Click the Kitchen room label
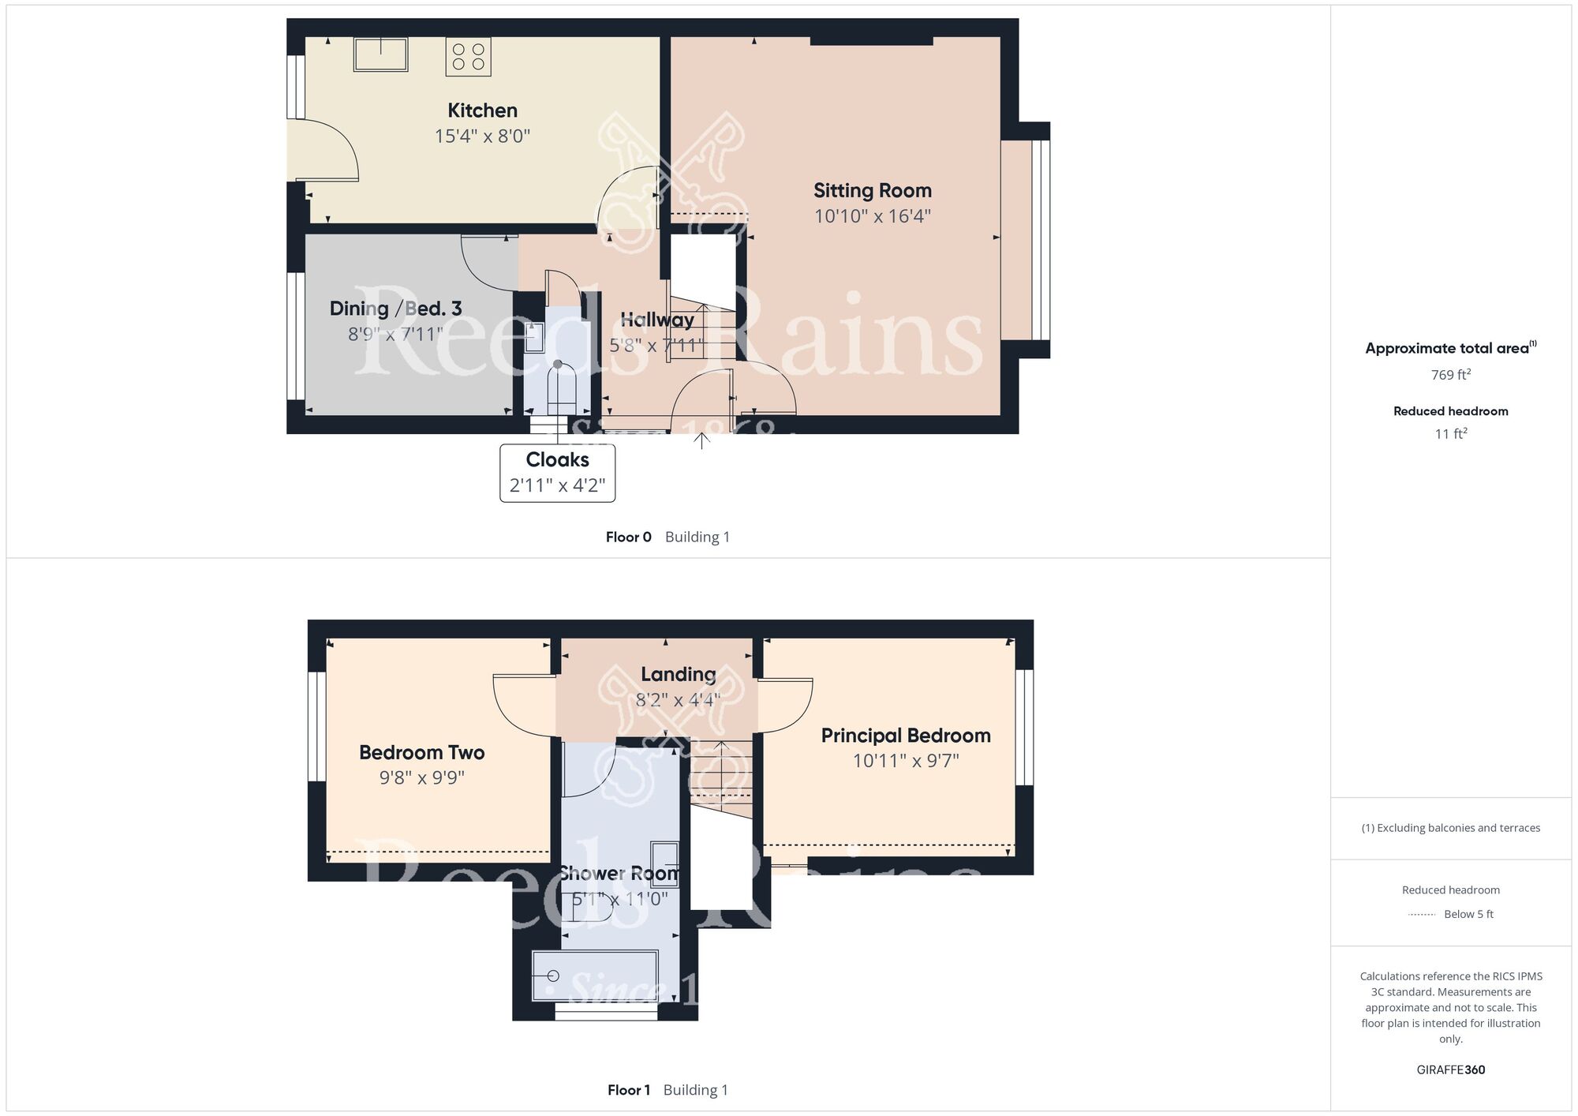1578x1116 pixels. point(482,110)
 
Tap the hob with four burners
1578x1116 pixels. point(469,57)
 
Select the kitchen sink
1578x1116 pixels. point(381,54)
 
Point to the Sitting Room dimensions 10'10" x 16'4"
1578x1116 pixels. point(873,216)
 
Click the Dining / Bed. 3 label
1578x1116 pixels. point(395,309)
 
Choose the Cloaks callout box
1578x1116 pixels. point(558,473)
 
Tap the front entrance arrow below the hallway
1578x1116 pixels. point(701,440)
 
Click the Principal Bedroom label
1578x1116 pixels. point(906,736)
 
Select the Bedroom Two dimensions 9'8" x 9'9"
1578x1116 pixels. point(422,778)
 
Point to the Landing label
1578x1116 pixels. point(679,674)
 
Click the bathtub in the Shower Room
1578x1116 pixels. point(596,976)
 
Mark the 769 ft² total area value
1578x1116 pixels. point(1451,375)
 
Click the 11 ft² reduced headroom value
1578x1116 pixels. point(1451,433)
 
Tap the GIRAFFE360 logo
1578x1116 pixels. point(1451,1070)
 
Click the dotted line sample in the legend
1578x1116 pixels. point(1422,915)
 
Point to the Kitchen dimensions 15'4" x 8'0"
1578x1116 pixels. point(482,137)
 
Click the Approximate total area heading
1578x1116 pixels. point(1451,348)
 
